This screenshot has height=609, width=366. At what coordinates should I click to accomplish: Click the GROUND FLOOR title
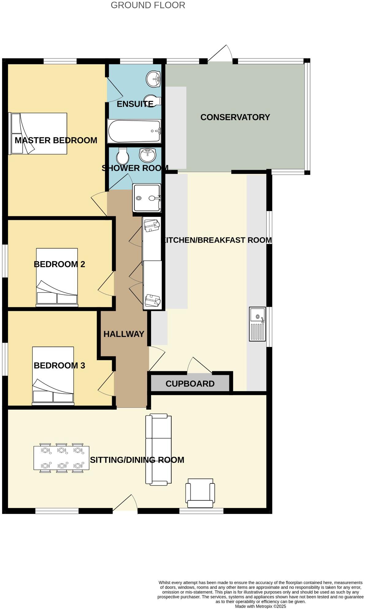click(x=148, y=5)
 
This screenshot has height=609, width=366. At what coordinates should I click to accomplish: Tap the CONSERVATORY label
click(x=235, y=117)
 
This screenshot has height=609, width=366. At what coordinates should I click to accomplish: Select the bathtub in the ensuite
click(x=134, y=131)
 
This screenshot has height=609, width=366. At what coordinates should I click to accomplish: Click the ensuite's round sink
click(x=153, y=79)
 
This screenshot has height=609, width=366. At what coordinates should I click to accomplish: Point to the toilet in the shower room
click(x=123, y=157)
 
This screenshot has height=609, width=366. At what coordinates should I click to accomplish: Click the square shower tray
click(x=147, y=198)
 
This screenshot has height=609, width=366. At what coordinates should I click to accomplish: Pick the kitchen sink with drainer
click(x=257, y=324)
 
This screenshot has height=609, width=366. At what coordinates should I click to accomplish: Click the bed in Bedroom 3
click(x=53, y=376)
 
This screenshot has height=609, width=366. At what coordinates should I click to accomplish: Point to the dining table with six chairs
click(x=61, y=458)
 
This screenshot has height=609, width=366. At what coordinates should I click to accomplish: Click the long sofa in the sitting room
click(x=158, y=450)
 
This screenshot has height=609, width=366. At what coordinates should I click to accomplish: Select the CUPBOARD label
click(x=190, y=384)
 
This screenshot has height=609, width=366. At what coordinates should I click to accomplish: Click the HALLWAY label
click(x=124, y=334)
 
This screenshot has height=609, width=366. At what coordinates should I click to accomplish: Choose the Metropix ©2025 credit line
click(x=260, y=607)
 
